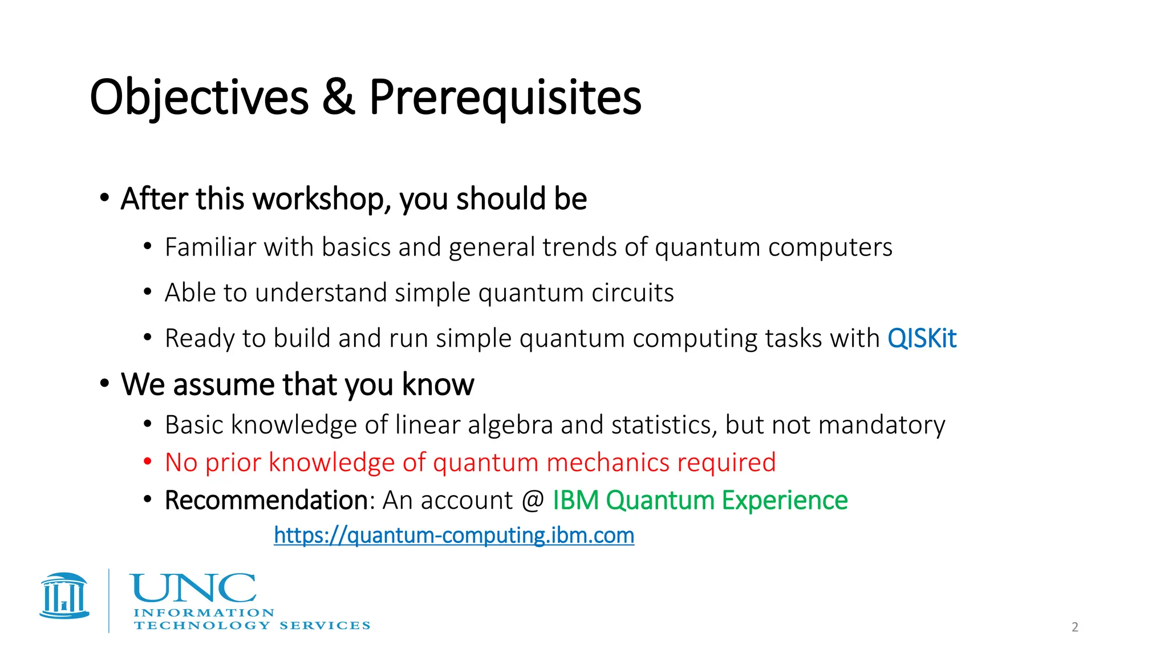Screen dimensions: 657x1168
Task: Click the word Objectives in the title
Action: click(x=199, y=98)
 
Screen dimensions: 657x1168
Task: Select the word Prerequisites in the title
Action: click(x=505, y=98)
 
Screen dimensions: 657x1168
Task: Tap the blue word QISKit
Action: click(x=922, y=339)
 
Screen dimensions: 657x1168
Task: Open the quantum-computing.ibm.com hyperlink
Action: click(x=454, y=536)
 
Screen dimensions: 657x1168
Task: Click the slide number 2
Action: click(x=1074, y=627)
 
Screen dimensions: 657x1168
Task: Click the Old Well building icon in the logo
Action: click(x=64, y=596)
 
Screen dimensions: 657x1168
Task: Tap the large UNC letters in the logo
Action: click(x=193, y=589)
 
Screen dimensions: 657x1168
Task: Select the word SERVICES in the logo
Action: click(x=325, y=626)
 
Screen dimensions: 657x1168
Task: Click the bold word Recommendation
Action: click(x=266, y=500)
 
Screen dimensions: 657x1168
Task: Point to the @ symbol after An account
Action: click(x=533, y=501)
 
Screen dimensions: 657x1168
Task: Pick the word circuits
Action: click(x=632, y=293)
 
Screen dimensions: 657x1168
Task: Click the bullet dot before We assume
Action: click(x=104, y=383)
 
